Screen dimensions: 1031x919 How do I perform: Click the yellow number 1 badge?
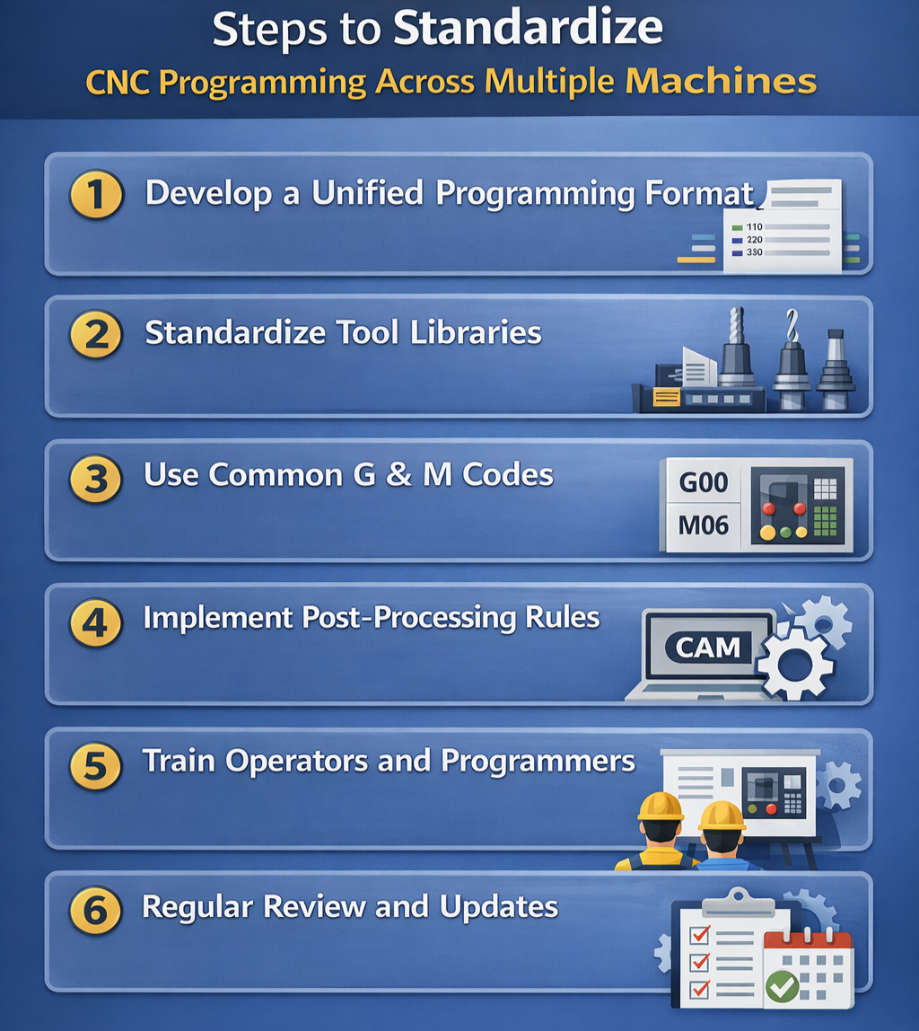pyautogui.click(x=96, y=193)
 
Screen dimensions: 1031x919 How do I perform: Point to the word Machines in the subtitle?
pyautogui.click(x=720, y=82)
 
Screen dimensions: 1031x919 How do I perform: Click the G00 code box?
pyautogui.click(x=704, y=482)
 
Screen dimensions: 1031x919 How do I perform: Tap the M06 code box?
pyautogui.click(x=703, y=525)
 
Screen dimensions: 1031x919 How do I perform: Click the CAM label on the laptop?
pyautogui.click(x=708, y=646)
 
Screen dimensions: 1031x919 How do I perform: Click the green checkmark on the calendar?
pyautogui.click(x=783, y=987)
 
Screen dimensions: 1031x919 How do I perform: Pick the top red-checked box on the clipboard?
pyautogui.click(x=699, y=935)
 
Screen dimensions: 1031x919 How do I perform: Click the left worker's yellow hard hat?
pyautogui.click(x=660, y=806)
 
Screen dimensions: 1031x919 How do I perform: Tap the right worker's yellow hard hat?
pyautogui.click(x=722, y=815)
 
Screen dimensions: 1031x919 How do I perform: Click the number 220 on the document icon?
pyautogui.click(x=754, y=240)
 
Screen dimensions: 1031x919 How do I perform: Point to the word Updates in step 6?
pyautogui.click(x=499, y=906)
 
